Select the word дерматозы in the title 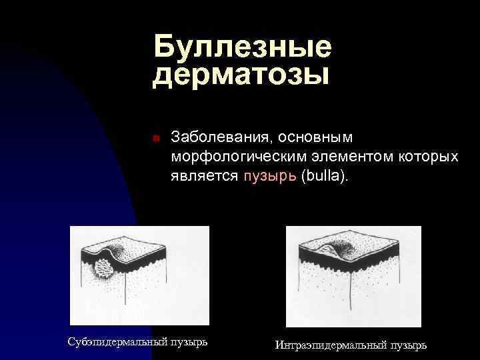pyautogui.click(x=241, y=75)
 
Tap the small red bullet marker pyautogui.click(x=154, y=139)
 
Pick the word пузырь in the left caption pyautogui.click(x=189, y=341)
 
